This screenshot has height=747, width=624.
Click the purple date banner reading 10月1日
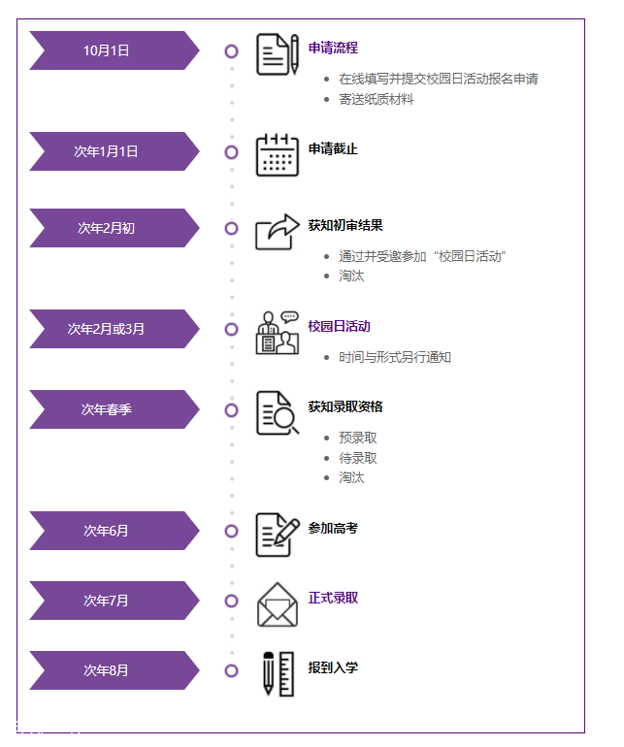tap(107, 50)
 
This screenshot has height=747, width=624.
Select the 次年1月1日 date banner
tap(107, 151)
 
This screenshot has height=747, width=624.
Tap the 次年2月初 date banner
tap(107, 228)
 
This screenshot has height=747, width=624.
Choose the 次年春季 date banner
tap(107, 409)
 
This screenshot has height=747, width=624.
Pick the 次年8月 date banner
tap(107, 670)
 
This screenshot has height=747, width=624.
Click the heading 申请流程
tap(333, 48)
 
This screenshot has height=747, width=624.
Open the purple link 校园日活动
tap(339, 326)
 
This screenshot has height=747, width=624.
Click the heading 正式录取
tap(333, 598)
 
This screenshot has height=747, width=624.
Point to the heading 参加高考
tap(333, 528)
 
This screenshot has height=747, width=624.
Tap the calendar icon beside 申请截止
tap(277, 155)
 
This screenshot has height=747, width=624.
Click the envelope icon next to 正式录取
tap(277, 605)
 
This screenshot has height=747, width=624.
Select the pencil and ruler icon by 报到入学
tap(278, 673)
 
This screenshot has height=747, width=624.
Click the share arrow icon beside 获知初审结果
tap(277, 232)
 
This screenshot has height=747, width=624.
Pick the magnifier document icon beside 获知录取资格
tap(277, 413)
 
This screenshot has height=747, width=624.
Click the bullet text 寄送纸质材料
tap(377, 99)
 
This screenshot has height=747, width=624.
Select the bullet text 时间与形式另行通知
tap(395, 357)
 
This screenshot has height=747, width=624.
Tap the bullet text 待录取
tap(358, 458)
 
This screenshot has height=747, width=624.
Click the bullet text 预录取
tap(358, 438)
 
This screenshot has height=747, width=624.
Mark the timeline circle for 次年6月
tap(231, 531)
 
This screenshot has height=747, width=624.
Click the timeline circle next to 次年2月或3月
tap(231, 329)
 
